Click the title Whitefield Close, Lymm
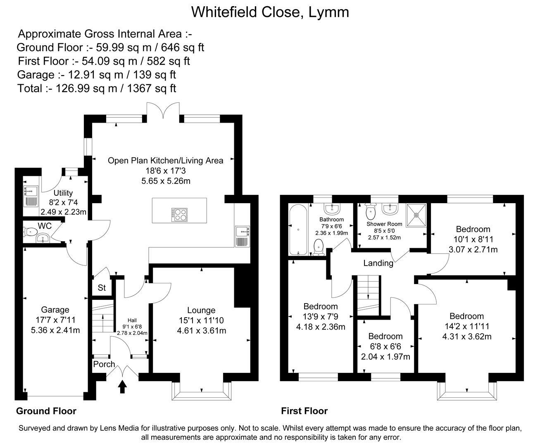click(x=270, y=12)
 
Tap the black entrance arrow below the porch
click(x=122, y=387)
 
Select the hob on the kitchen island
click(x=179, y=214)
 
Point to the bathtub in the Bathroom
click(x=298, y=230)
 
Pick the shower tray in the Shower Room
click(x=416, y=215)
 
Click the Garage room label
click(x=55, y=310)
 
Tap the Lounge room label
click(x=201, y=310)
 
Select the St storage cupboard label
click(x=102, y=288)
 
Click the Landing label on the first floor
click(x=378, y=263)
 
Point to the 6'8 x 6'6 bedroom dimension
click(x=385, y=346)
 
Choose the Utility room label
click(x=63, y=193)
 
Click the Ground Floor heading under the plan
click(x=46, y=411)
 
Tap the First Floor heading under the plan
click(x=304, y=411)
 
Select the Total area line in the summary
click(x=97, y=88)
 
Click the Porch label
click(x=104, y=364)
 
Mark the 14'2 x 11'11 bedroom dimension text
click(x=466, y=326)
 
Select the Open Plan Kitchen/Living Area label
click(x=165, y=160)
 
